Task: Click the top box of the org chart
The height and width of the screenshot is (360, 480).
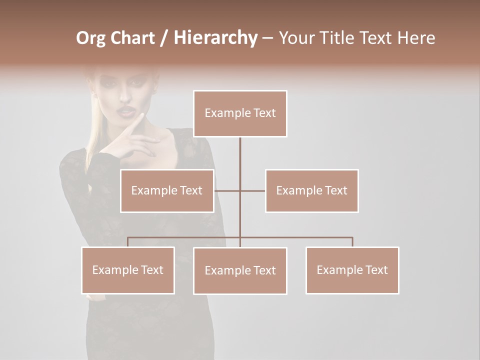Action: point(240,113)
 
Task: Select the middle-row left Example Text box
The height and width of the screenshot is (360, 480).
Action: point(167,190)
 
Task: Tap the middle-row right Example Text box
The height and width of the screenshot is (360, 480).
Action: point(312,190)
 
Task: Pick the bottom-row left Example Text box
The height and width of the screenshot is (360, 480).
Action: point(128,270)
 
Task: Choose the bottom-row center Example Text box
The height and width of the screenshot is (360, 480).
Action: point(240,270)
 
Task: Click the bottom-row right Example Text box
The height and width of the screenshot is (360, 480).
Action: point(352,270)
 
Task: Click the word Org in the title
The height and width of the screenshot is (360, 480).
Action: point(91,38)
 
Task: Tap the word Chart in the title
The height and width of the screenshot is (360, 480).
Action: point(132,38)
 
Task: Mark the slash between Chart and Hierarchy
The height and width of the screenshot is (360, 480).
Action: point(164,38)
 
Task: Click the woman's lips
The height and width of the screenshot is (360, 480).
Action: point(124,110)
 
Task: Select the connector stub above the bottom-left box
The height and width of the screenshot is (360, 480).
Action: point(128,242)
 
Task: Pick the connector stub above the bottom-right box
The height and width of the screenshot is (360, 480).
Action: point(352,242)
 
